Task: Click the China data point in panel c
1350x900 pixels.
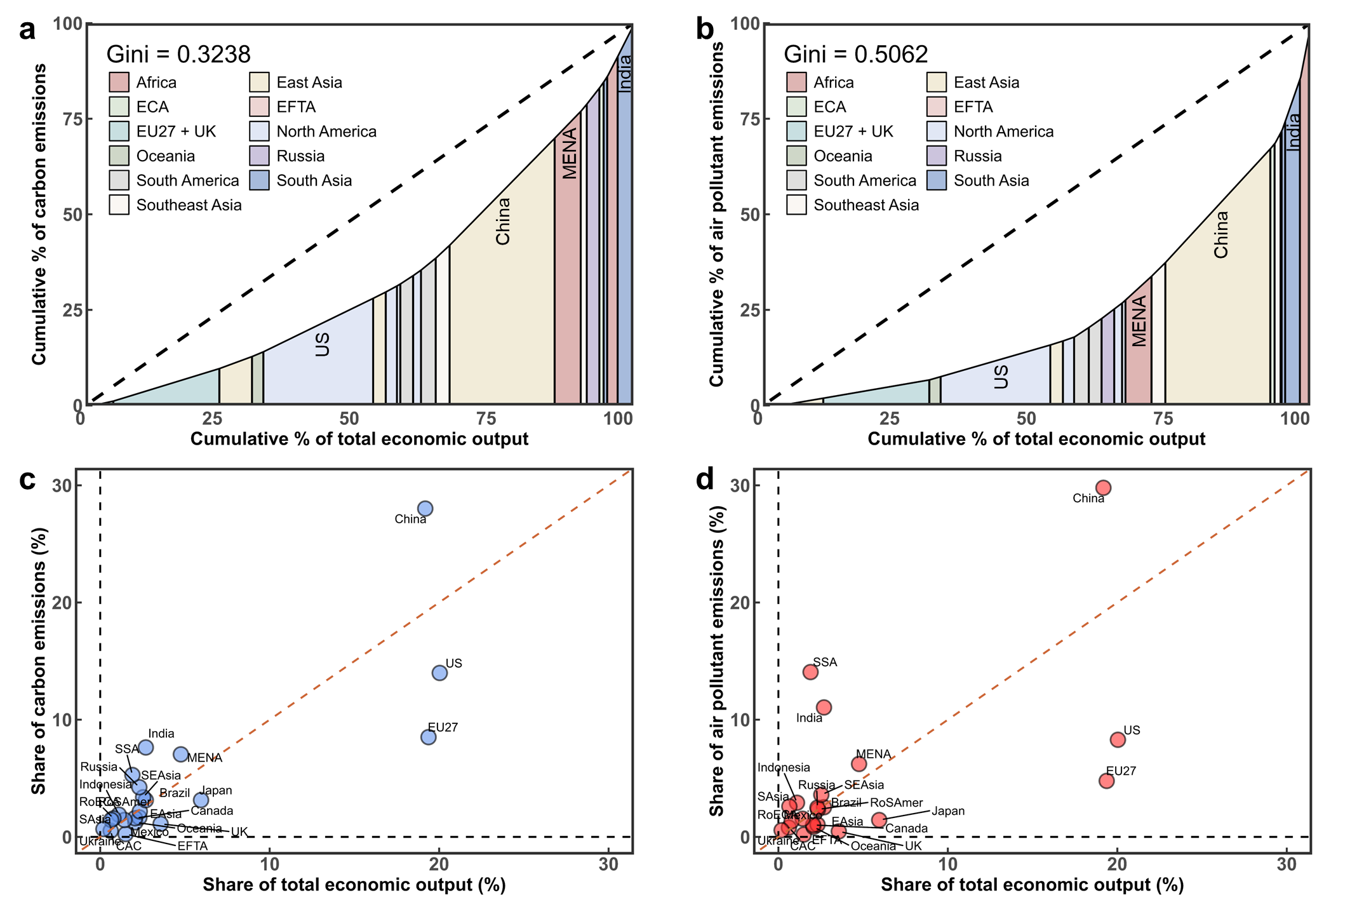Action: point(425,508)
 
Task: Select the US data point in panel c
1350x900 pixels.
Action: point(439,673)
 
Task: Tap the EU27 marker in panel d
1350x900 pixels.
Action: point(1107,781)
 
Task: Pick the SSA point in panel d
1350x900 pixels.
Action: point(810,672)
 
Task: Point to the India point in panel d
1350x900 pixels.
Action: point(824,708)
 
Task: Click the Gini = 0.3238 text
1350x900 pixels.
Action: point(178,55)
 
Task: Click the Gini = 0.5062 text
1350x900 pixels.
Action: point(856,55)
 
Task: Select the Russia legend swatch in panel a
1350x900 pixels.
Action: point(260,156)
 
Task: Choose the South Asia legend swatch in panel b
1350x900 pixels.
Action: point(937,180)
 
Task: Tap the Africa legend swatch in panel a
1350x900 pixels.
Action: point(119,83)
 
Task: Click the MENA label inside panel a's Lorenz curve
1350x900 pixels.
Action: point(570,154)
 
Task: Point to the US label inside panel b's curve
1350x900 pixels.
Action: point(1001,377)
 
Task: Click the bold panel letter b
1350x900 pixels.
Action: point(705,30)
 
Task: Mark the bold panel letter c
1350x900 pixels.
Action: point(27,480)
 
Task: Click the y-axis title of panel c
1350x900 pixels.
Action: point(39,661)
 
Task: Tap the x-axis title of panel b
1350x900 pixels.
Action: point(1036,439)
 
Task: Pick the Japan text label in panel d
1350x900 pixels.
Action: point(948,811)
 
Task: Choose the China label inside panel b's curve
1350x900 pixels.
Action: point(1220,235)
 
